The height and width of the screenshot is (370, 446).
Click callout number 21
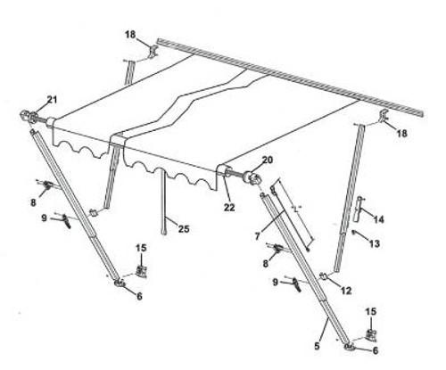(x=51, y=98)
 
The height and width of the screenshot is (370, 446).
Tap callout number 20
(x=266, y=161)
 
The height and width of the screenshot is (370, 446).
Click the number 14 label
(x=378, y=218)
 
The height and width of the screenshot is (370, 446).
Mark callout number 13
(x=374, y=243)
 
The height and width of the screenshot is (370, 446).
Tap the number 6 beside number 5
(x=374, y=350)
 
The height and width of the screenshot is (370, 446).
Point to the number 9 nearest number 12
(x=276, y=283)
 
